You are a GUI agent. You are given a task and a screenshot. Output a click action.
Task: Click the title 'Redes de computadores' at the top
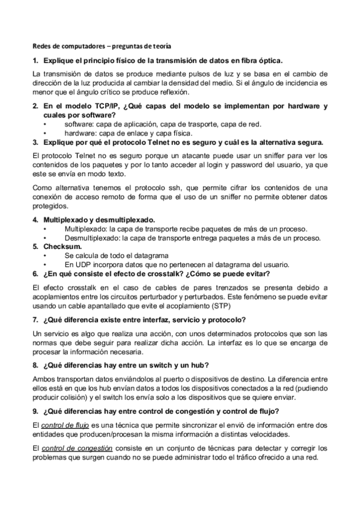coord(67,46)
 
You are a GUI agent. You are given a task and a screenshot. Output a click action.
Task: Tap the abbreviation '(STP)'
coord(222,305)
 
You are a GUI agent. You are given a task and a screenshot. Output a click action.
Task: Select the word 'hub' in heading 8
coord(201,366)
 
